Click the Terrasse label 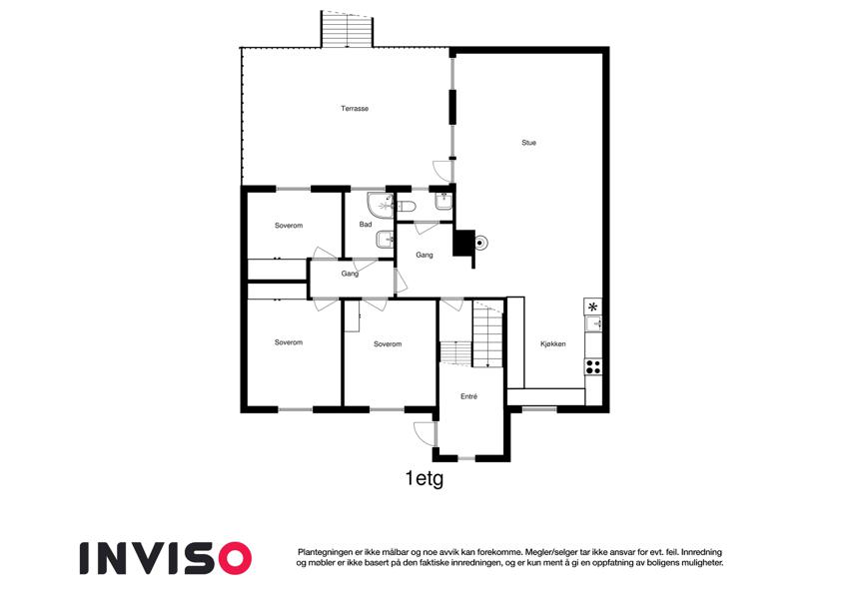355,109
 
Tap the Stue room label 529,143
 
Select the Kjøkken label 552,343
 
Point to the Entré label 468,396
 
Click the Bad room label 366,225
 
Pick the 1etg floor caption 424,479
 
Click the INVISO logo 166,558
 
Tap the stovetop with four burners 593,366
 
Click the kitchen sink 593,323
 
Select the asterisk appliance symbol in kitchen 593,306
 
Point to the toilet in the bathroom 407,207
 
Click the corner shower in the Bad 380,206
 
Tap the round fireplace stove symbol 479,244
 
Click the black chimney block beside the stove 462,243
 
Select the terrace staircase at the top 348,29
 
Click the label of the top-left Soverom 289,226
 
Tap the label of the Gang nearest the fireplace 424,255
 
